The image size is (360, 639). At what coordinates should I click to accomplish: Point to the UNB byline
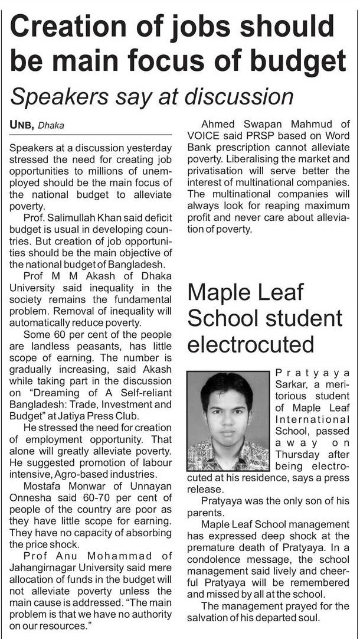[x=21, y=125]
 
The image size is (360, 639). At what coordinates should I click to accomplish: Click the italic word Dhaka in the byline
[x=51, y=125]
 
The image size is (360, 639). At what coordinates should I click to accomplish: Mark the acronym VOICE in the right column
[x=202, y=135]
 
